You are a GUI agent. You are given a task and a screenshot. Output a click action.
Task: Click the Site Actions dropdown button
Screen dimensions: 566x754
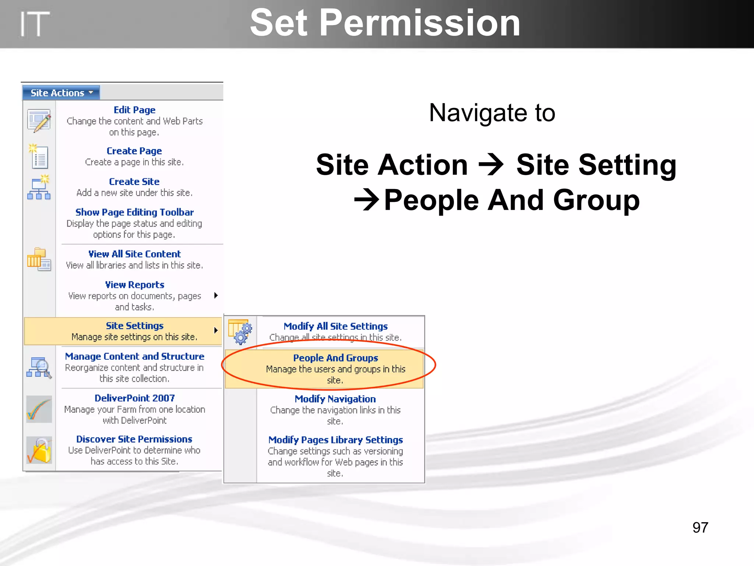pos(61,93)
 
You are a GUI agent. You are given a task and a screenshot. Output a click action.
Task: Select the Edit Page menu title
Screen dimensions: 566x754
pos(134,110)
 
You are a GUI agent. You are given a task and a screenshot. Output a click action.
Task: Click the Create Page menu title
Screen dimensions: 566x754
pos(134,151)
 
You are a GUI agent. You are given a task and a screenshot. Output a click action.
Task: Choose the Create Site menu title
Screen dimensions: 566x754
pos(134,181)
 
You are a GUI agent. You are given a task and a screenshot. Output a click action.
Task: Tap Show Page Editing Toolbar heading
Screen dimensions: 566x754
pos(134,212)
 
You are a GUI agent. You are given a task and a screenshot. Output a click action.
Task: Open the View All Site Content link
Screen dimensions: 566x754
pos(134,254)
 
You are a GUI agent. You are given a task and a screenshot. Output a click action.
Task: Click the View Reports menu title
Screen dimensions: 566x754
pos(134,284)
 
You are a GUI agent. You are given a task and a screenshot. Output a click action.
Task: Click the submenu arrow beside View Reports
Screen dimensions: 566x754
pos(216,295)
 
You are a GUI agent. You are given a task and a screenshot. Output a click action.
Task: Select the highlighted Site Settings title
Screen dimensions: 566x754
pos(134,326)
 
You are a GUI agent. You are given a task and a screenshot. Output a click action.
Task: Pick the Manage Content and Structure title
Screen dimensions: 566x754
pos(134,356)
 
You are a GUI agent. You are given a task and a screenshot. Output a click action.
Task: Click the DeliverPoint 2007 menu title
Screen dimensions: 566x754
pos(134,398)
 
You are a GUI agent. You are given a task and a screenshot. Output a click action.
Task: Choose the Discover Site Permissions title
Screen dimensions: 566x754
pos(134,439)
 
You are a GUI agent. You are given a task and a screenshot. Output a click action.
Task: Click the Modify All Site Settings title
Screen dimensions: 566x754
pos(335,326)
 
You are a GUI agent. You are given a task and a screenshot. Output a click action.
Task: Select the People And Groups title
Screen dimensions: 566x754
pos(335,358)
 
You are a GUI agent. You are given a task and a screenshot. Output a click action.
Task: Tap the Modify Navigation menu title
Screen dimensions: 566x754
pos(335,399)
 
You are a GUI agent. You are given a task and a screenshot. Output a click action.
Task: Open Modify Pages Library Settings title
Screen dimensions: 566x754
pos(335,440)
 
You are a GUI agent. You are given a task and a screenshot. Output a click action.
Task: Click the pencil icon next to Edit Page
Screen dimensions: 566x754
pos(39,120)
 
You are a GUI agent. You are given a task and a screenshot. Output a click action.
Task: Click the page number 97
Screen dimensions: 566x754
pos(700,527)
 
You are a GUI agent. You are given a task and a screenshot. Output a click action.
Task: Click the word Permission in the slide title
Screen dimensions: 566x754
pos(420,23)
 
